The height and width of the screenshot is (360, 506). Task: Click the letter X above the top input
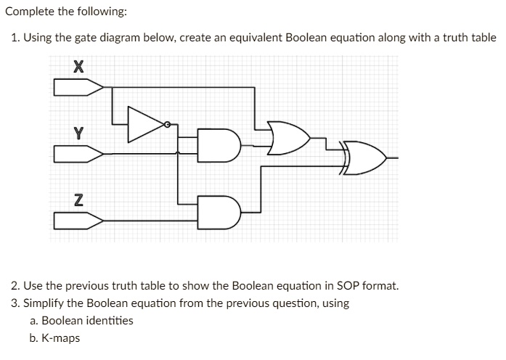(78, 67)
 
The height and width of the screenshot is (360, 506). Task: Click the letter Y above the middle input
(78, 134)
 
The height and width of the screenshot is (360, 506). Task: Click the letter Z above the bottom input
(78, 200)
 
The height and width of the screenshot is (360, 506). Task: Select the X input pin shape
(78, 87)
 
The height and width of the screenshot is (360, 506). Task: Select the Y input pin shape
(78, 154)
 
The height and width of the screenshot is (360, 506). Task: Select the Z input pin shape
(78, 221)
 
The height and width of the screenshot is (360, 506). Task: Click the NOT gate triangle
(146, 124)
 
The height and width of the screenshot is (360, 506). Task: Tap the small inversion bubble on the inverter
(167, 124)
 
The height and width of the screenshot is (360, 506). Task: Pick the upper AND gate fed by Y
(219, 145)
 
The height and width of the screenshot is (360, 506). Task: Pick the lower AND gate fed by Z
(219, 212)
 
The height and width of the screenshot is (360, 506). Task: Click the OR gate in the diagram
(288, 138)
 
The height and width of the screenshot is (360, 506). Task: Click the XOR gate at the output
(364, 158)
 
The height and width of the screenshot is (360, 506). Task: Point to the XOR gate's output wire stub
(393, 158)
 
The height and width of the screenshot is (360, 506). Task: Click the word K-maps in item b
(61, 338)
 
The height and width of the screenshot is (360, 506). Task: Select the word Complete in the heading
(30, 12)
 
